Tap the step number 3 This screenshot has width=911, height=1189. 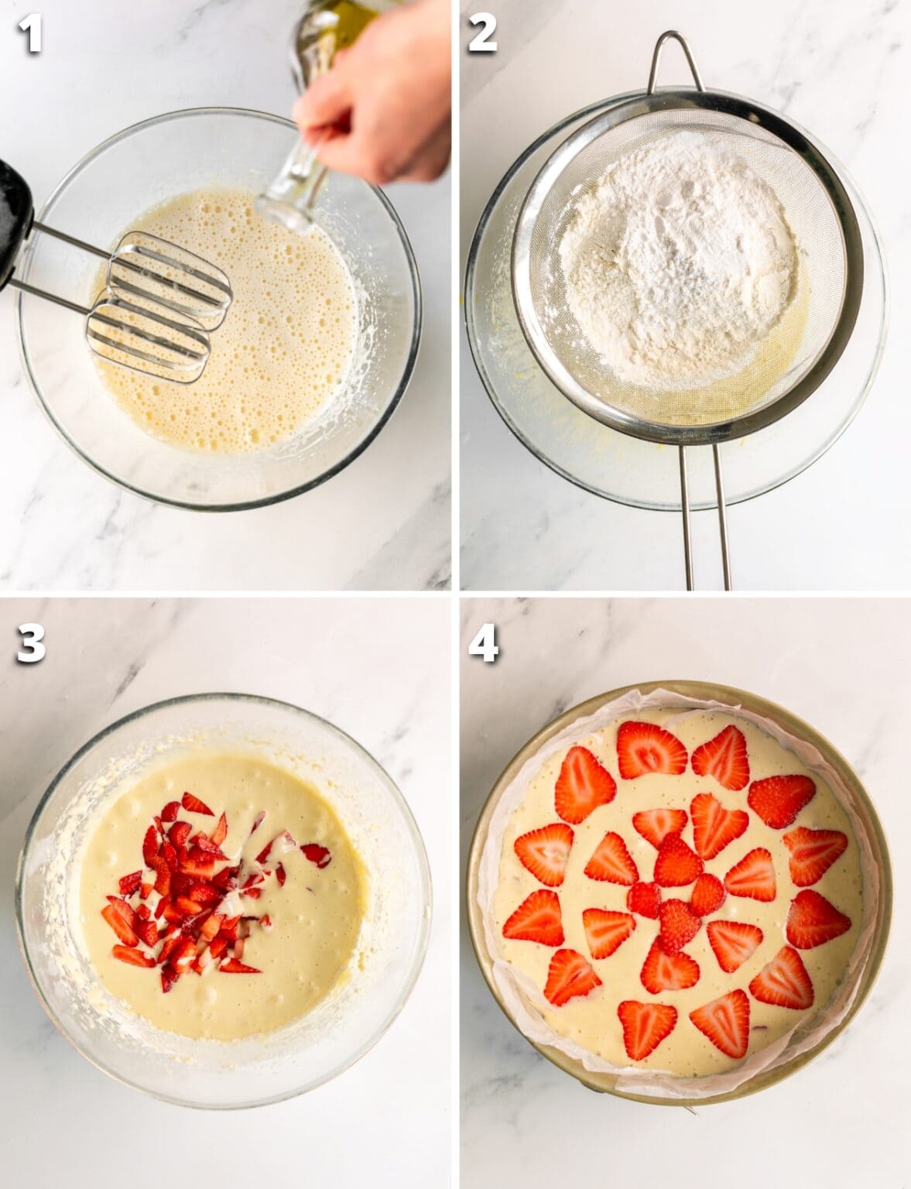pos(30,644)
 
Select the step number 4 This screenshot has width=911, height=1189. pos(483,644)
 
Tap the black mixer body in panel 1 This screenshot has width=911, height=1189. pos(14,217)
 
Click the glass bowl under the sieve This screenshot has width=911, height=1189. pos(495,433)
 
